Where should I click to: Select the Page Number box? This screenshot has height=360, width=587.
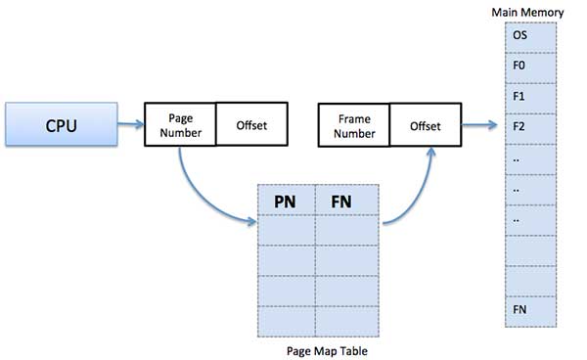(180, 125)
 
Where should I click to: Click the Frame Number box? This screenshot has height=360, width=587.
(354, 125)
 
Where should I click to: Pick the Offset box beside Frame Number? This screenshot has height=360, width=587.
(425, 125)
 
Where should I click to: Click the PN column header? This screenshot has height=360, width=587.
(286, 201)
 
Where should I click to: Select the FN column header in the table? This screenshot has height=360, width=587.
(342, 201)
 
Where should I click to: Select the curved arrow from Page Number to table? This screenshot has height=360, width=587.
(201, 191)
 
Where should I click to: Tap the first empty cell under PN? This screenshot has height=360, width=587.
(286, 230)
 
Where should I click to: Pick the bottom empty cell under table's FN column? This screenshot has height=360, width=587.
(342, 319)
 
